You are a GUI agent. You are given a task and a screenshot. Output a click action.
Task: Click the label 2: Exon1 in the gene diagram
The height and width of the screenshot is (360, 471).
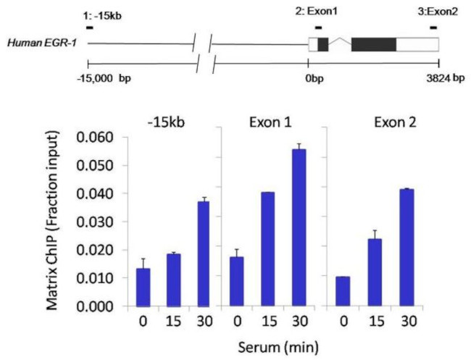(314, 13)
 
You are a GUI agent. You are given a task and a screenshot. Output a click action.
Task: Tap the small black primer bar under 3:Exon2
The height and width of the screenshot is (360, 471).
(433, 28)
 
